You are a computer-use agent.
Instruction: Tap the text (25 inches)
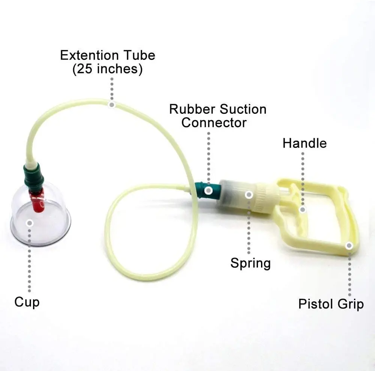point(108,69)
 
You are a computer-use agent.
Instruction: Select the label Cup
point(27,302)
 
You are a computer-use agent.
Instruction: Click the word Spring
point(250,263)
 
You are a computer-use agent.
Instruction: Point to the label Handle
point(304,143)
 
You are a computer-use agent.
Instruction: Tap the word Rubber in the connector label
point(192,109)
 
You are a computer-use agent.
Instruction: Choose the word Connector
point(214,122)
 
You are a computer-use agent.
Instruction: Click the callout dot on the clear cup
point(30,223)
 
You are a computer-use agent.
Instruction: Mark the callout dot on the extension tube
point(111,104)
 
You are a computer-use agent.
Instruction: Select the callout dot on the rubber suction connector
point(208,191)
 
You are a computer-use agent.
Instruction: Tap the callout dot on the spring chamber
point(249,194)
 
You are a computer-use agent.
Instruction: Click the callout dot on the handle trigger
point(303,209)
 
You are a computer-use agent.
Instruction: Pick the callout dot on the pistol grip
point(349,246)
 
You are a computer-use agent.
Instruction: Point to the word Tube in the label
point(141,55)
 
